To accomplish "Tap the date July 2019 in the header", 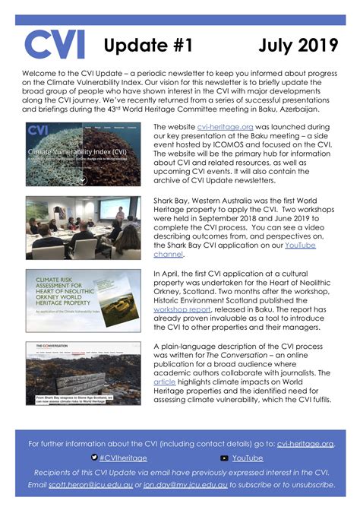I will pos(297,46).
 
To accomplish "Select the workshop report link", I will pos(182,311).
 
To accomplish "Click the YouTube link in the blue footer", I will pos(248,458).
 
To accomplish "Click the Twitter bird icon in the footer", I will pos(93,458).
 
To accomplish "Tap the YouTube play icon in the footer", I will pos(224,458).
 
